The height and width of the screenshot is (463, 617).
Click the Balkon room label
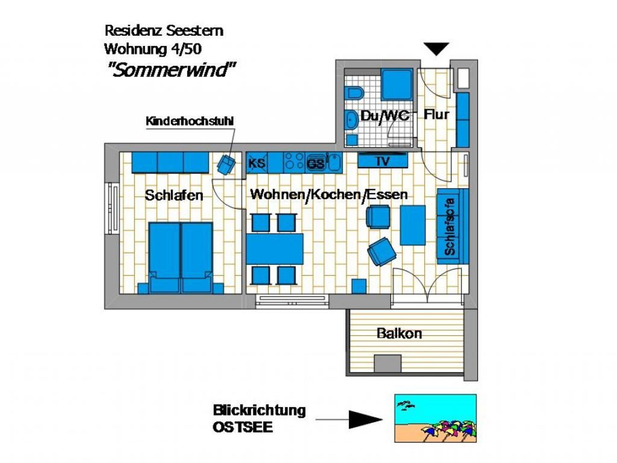coord(399,334)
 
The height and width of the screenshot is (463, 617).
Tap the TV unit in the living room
coord(383,160)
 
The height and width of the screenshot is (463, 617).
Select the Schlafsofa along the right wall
coord(453,226)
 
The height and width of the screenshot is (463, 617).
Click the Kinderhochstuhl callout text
coord(189,121)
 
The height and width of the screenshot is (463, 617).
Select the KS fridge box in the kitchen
coord(257,163)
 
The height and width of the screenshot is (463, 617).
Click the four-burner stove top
coord(294,163)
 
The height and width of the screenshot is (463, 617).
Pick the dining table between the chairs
coord(275,249)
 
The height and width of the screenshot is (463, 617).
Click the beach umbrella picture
coord(435,418)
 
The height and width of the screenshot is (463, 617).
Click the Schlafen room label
coord(174,195)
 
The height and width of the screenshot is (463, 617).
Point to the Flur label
coord(436,114)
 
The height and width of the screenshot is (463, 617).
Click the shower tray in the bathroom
coord(397,84)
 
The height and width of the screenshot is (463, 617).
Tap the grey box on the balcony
coord(388,363)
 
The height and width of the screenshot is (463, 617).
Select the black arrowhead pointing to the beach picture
coord(365,419)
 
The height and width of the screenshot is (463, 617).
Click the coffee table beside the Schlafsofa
coord(413,225)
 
